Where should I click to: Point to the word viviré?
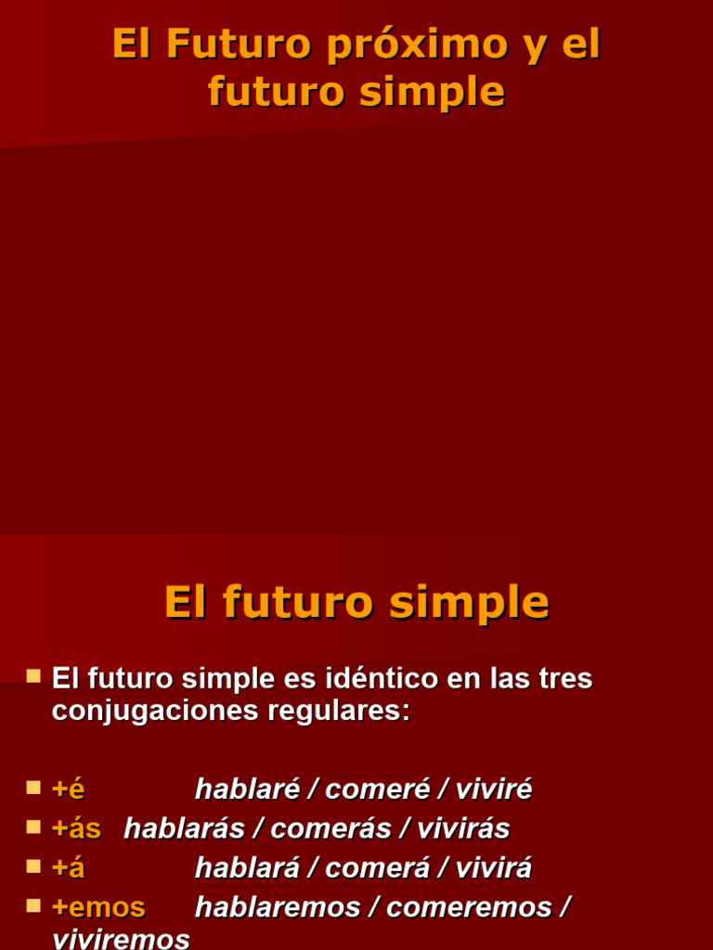pos(494,790)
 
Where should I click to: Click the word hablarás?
pos(184,828)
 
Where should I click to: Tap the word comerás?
pos(331,828)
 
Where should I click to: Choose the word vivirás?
pos(463,828)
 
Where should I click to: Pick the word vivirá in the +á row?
pos(494,868)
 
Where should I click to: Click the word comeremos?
pos(468,907)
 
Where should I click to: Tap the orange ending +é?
pos(68,790)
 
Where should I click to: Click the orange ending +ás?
pos(76,828)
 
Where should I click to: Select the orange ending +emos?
pos(98,907)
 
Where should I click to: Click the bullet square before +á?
pos(33,867)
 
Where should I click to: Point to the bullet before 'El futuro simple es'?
pos(33,676)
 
